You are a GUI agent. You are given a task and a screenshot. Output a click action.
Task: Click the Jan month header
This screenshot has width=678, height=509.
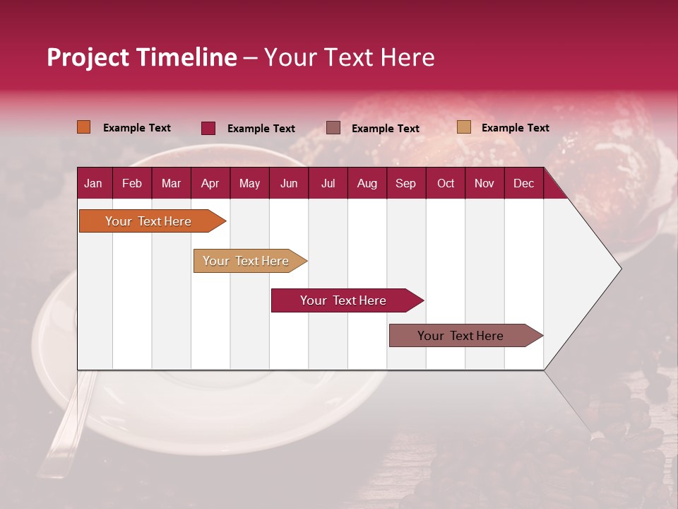(x=93, y=183)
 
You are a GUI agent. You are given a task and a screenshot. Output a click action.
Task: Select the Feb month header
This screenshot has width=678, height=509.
(x=132, y=183)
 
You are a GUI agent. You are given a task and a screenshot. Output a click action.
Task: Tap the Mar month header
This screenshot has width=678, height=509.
(x=171, y=183)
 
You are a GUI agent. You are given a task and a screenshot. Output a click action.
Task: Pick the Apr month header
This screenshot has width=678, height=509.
(x=210, y=183)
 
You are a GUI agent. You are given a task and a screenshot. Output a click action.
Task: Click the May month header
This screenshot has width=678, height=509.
(x=249, y=183)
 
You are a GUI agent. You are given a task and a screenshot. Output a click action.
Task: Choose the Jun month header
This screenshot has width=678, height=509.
(x=289, y=183)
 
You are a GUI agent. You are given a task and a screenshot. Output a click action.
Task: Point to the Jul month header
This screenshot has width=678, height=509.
(x=328, y=183)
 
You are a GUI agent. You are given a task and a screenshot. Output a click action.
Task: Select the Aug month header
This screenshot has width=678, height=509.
(x=367, y=183)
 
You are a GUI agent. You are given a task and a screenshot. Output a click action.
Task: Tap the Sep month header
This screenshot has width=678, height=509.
(x=405, y=183)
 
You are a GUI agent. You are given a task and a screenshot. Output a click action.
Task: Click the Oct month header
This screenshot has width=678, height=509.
(x=446, y=183)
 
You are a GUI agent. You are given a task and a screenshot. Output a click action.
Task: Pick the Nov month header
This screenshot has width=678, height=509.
(x=484, y=183)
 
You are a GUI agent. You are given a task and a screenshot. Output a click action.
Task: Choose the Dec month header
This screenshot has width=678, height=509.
(x=523, y=183)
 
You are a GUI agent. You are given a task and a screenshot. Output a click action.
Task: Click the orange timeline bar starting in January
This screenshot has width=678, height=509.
(x=149, y=221)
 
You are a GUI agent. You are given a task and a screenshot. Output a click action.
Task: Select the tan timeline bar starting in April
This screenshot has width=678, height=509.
(x=246, y=261)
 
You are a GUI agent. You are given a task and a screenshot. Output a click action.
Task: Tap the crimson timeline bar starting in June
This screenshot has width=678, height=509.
(x=344, y=300)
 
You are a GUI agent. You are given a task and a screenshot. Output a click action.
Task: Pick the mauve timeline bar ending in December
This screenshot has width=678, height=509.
(x=461, y=336)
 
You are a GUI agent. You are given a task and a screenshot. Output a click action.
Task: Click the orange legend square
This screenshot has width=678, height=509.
(x=84, y=127)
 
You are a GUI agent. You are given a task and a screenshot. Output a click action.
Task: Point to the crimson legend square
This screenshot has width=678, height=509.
(x=208, y=128)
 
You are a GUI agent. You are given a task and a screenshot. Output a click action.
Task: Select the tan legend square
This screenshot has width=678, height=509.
(x=463, y=127)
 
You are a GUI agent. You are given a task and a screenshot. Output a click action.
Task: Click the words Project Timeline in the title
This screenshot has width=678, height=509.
(x=141, y=57)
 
